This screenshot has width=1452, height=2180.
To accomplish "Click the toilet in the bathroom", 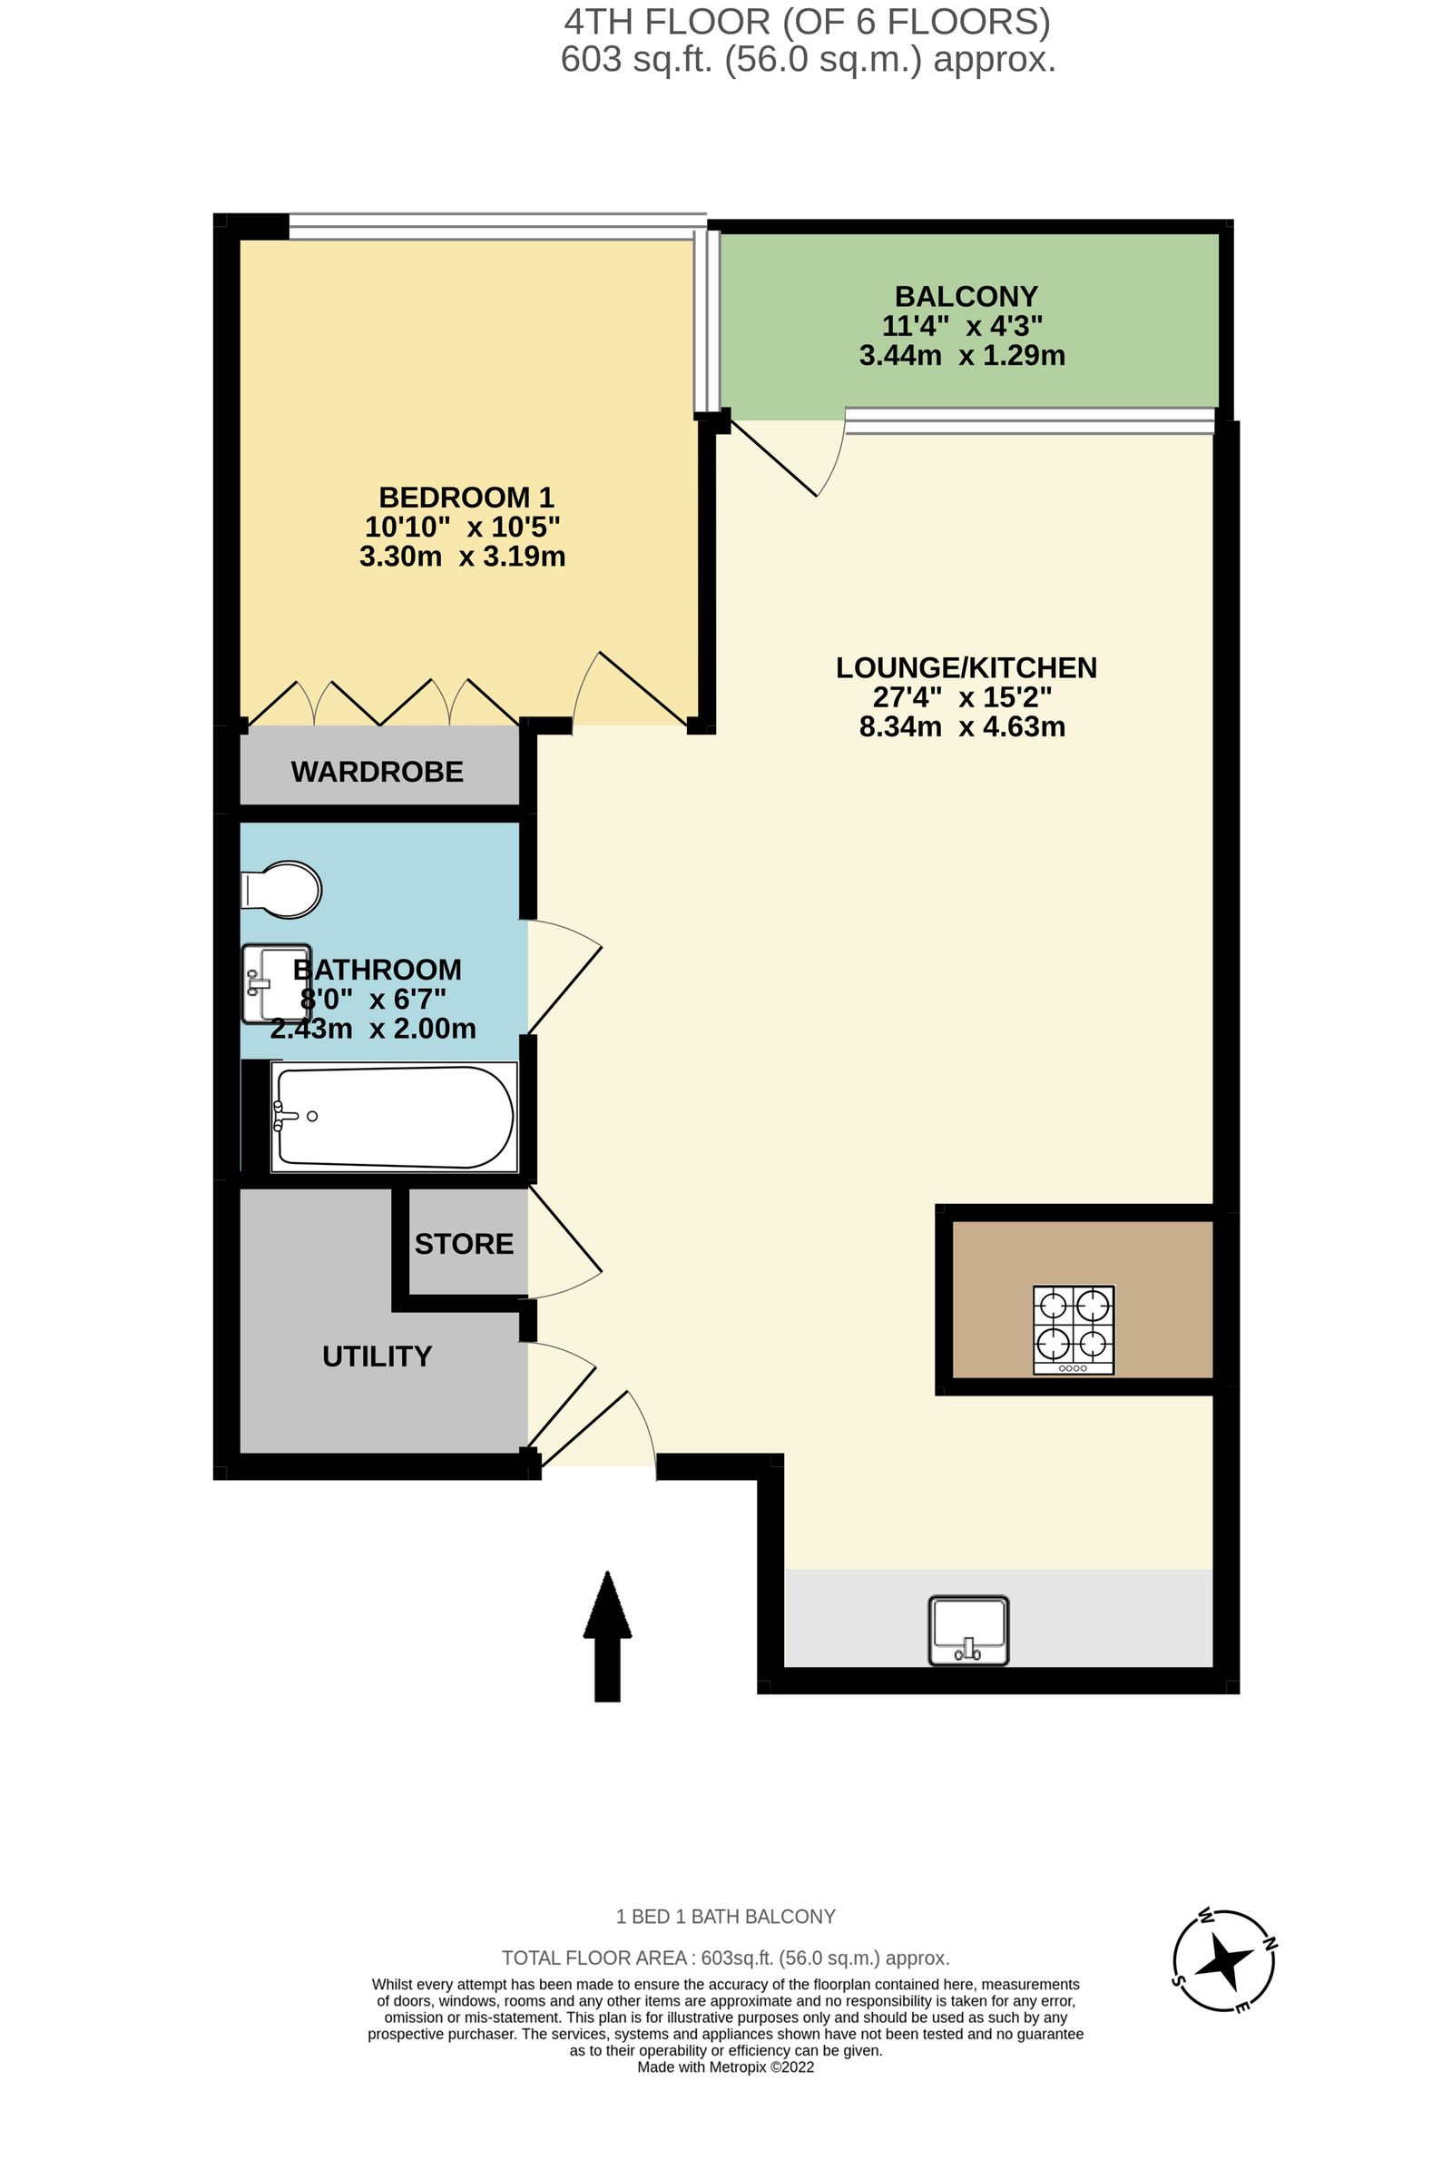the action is point(281,890).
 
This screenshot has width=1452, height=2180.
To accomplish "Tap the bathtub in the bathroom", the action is point(395,1117).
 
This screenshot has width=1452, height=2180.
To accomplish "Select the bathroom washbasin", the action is point(276,984).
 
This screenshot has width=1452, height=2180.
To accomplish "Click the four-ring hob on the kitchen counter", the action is point(1074,1329).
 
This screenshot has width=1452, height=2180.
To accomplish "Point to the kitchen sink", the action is point(968,1631).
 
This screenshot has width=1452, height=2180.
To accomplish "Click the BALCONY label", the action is point(966,297).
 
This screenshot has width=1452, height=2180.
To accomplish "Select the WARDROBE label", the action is point(377,772).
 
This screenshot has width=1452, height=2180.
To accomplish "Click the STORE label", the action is point(464,1243).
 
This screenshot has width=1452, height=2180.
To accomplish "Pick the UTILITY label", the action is point(377,1356).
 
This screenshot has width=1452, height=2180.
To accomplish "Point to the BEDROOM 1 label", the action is point(466,498).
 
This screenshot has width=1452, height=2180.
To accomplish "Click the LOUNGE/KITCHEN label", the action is point(966,668).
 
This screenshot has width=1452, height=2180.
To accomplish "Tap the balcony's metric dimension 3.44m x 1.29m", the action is point(962,356).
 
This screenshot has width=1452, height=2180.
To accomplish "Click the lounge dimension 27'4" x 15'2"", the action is point(962,697).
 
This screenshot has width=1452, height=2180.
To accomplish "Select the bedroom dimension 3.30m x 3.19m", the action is point(462,557).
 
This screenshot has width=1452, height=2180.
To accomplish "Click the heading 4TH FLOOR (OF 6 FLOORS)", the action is point(808,22).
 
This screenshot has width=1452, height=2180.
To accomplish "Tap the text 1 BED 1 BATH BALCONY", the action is point(726,1916).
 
